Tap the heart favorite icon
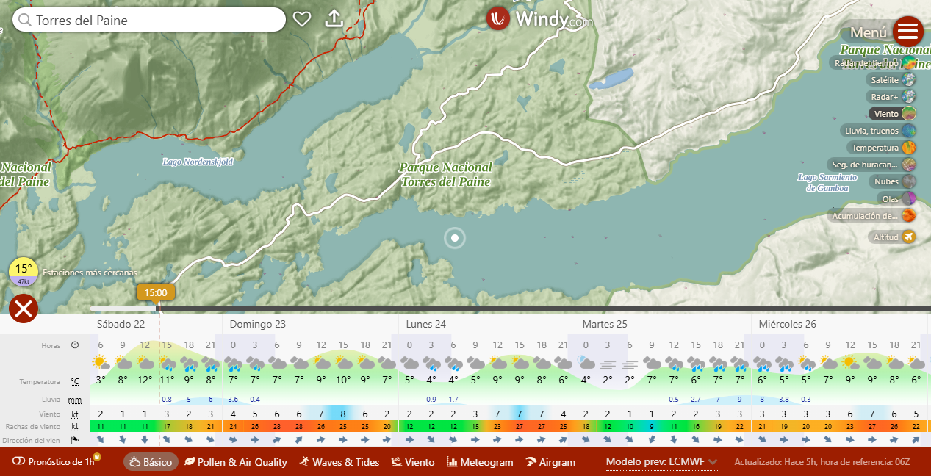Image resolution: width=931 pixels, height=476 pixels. pyautogui.click(x=302, y=19)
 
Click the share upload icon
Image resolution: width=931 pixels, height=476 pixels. pyautogui.click(x=334, y=18)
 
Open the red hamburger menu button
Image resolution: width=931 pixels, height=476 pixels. pyautogui.click(x=908, y=32)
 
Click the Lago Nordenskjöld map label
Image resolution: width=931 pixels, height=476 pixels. pyautogui.click(x=198, y=162)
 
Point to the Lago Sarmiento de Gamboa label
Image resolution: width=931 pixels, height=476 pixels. pyautogui.click(x=827, y=183)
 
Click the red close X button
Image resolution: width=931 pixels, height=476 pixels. pyautogui.click(x=24, y=309)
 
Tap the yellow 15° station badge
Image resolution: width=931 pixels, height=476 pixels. pyautogui.click(x=24, y=272)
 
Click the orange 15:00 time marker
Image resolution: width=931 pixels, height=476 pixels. pyautogui.click(x=156, y=292)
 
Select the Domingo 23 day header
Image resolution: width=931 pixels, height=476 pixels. pyautogui.click(x=258, y=324)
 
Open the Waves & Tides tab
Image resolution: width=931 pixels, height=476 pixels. pyautogui.click(x=339, y=462)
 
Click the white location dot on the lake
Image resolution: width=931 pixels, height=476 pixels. pyautogui.click(x=455, y=238)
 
